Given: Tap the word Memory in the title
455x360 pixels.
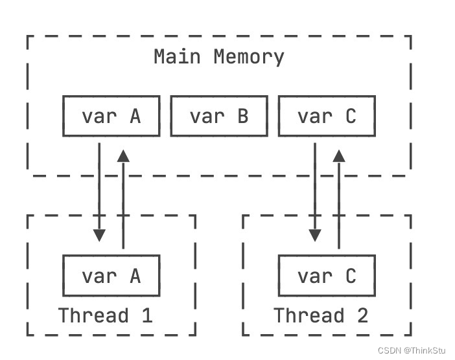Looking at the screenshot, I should click(249, 57).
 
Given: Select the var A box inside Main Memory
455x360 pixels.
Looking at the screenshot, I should click(111, 117).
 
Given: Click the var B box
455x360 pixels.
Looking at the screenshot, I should click(218, 117).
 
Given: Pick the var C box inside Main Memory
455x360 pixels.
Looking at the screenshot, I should click(327, 117).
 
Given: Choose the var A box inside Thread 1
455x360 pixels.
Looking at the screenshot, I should click(111, 276).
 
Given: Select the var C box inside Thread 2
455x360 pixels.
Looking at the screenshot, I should click(327, 276).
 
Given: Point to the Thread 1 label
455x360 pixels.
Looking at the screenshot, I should click(105, 316).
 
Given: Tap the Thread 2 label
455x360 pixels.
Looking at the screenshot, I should click(321, 316).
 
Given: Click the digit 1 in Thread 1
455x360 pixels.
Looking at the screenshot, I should click(147, 316).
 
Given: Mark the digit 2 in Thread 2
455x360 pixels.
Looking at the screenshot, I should click(362, 316).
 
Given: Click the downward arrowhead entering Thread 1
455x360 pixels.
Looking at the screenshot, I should click(99, 236).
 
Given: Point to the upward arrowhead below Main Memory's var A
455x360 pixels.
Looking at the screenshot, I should click(123, 155).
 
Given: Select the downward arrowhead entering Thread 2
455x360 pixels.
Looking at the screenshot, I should click(315, 236).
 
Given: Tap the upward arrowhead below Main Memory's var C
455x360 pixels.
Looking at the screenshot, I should click(339, 155).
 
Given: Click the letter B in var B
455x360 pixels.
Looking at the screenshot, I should click(242, 117).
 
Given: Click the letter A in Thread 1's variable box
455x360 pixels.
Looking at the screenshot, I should click(135, 276).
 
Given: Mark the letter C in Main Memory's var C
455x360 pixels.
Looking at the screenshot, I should click(351, 117).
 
